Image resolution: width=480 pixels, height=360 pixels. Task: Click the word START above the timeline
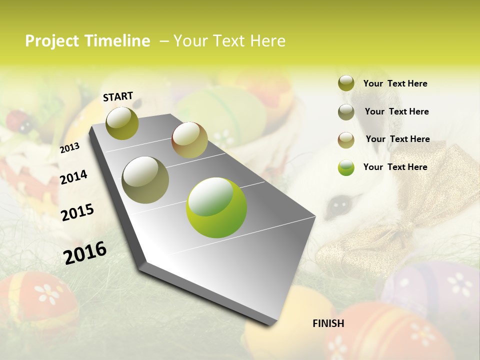click(x=118, y=96)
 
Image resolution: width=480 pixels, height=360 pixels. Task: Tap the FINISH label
click(x=328, y=323)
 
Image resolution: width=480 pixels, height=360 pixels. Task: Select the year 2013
click(x=69, y=147)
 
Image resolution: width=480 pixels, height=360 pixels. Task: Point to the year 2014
click(x=73, y=177)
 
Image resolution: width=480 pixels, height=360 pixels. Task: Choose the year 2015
click(x=77, y=212)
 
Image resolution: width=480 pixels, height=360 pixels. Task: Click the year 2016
click(x=85, y=252)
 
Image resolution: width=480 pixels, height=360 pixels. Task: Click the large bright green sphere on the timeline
click(x=216, y=207)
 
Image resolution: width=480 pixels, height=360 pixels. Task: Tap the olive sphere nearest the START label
click(x=122, y=123)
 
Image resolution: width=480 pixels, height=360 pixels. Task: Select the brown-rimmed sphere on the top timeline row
click(x=189, y=140)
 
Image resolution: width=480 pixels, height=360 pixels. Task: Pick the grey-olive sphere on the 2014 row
click(x=145, y=179)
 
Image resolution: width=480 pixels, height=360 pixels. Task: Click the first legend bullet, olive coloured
click(x=346, y=83)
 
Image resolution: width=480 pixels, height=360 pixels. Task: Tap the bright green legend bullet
click(x=346, y=167)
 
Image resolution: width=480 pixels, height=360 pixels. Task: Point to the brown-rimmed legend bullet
click(x=346, y=139)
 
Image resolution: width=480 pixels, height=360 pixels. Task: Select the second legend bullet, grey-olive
click(x=346, y=111)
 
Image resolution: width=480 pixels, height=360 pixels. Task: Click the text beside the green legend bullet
click(x=395, y=167)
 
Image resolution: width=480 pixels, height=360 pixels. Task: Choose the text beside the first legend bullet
click(x=395, y=83)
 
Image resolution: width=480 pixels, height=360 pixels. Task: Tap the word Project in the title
click(x=52, y=41)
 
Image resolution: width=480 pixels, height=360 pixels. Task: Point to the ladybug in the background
click(x=18, y=120)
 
